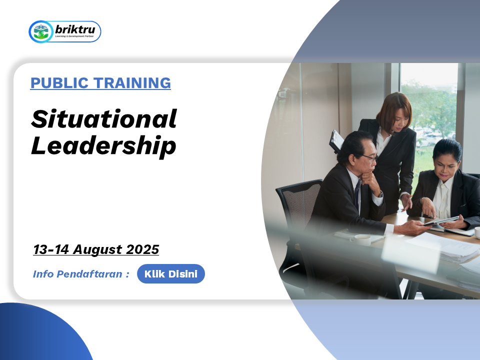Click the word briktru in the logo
[75, 29]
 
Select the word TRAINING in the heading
[132, 83]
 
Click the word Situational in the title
[104, 119]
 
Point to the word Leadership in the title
[103, 146]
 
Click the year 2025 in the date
[142, 249]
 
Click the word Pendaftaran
[89, 273]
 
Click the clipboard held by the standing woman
[336, 141]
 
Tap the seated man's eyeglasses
[370, 157]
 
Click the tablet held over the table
[441, 221]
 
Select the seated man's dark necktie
[357, 193]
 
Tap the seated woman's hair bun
[447, 147]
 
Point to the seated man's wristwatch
[380, 194]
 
